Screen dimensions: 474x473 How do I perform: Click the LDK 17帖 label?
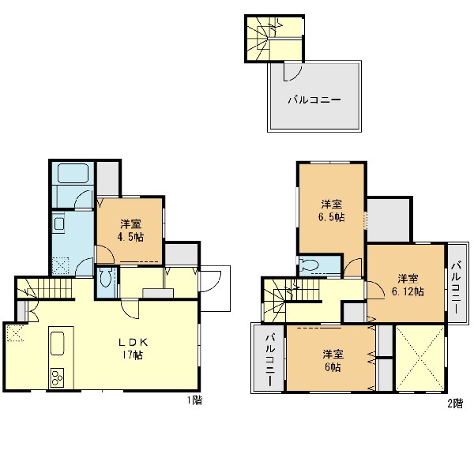(x=133, y=348)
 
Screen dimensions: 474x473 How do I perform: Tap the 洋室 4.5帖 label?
(x=130, y=231)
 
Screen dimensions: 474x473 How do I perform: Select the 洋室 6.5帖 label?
(x=332, y=211)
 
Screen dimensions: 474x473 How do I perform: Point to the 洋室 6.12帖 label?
(x=408, y=285)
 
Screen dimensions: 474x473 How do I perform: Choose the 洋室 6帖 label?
(x=333, y=360)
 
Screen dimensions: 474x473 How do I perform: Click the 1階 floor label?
(x=194, y=400)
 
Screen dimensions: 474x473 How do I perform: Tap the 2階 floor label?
(x=455, y=404)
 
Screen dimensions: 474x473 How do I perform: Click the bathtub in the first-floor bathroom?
(x=73, y=173)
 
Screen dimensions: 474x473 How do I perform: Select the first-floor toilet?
(x=106, y=277)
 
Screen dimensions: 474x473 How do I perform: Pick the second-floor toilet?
(x=310, y=265)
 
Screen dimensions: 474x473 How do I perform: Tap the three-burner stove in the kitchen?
(x=57, y=377)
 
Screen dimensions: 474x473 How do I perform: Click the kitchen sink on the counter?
(x=57, y=343)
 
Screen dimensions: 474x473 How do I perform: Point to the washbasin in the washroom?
(x=58, y=224)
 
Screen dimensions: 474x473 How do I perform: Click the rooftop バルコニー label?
(x=314, y=99)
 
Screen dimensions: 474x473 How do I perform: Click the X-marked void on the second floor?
(x=420, y=359)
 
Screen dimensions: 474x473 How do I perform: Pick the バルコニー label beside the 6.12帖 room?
(x=456, y=287)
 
